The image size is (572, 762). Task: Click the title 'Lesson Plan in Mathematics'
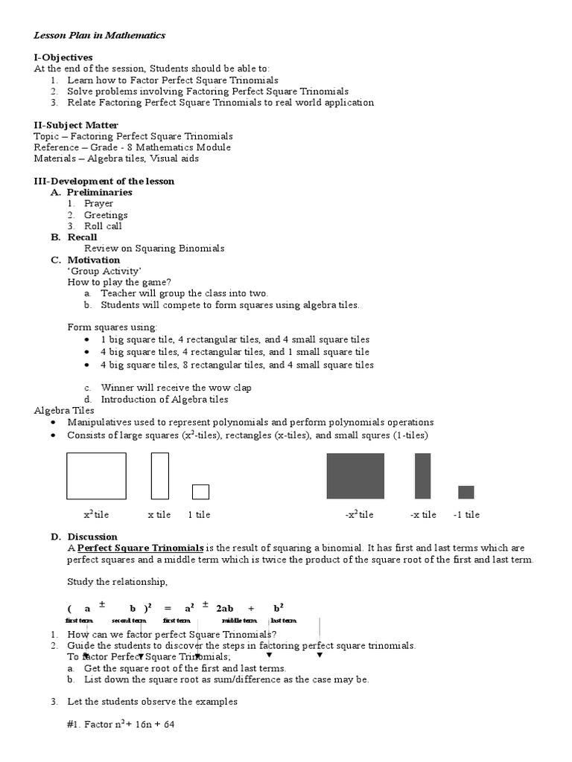(x=100, y=35)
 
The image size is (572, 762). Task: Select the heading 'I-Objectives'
(x=63, y=57)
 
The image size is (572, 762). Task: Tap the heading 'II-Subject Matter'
(x=76, y=125)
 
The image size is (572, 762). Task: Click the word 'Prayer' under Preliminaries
(x=98, y=203)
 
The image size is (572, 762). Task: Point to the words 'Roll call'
(x=103, y=226)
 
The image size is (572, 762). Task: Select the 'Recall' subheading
(x=82, y=237)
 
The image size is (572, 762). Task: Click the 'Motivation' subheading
(x=93, y=260)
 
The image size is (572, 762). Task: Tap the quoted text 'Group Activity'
(x=104, y=271)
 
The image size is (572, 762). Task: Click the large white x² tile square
(x=96, y=476)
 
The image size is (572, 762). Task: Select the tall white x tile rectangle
(x=159, y=476)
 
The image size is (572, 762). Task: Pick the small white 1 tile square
(x=200, y=492)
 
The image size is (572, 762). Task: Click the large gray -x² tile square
(x=355, y=476)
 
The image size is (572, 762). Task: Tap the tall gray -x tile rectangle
(x=422, y=476)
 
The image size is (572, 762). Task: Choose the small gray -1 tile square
(x=465, y=492)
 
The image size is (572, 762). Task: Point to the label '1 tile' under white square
(x=199, y=514)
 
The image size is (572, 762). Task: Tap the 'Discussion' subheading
(x=92, y=537)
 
